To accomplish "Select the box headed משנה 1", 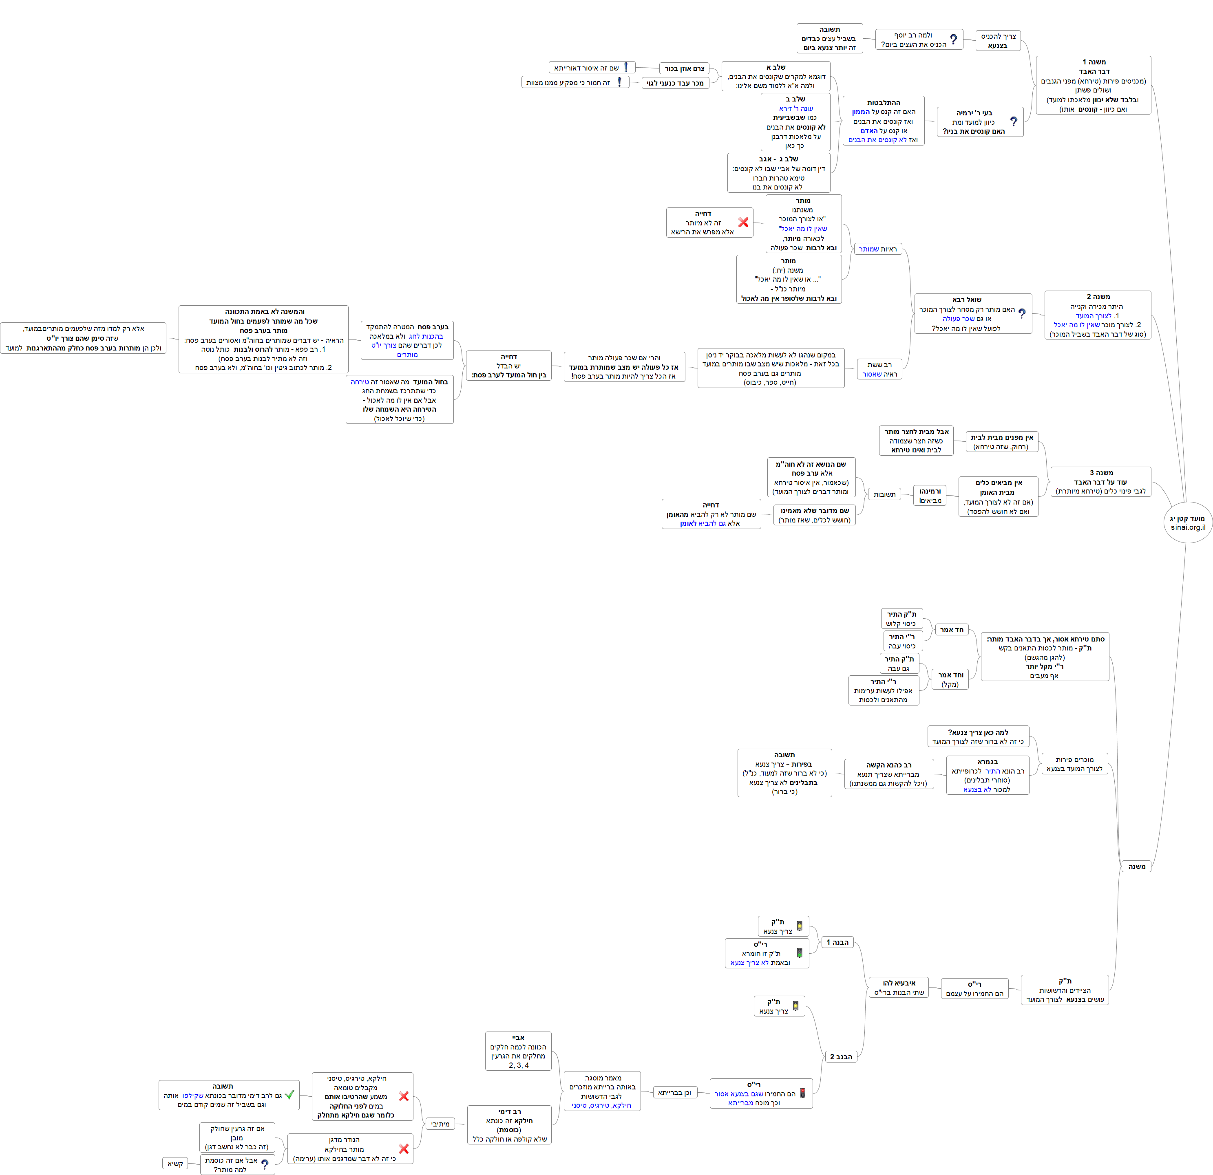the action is pyautogui.click(x=1093, y=86).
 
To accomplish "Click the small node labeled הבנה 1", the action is pyautogui.click(x=837, y=942).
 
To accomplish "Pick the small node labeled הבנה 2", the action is pyautogui.click(x=840, y=1057).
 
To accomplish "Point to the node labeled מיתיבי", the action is pyautogui.click(x=440, y=1124).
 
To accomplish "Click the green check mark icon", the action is pyautogui.click(x=289, y=1095).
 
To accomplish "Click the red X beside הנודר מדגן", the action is pyautogui.click(x=404, y=1149).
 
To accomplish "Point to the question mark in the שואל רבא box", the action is pyautogui.click(x=1022, y=314).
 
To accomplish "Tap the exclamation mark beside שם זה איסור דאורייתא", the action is pyautogui.click(x=626, y=67).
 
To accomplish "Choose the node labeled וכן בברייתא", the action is pyautogui.click(x=674, y=1093).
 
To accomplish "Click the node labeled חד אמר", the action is pyautogui.click(x=951, y=630).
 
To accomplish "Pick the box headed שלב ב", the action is pyautogui.click(x=795, y=123).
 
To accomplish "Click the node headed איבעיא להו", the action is pyautogui.click(x=899, y=988).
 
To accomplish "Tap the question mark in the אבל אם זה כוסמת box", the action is pyautogui.click(x=265, y=1164).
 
